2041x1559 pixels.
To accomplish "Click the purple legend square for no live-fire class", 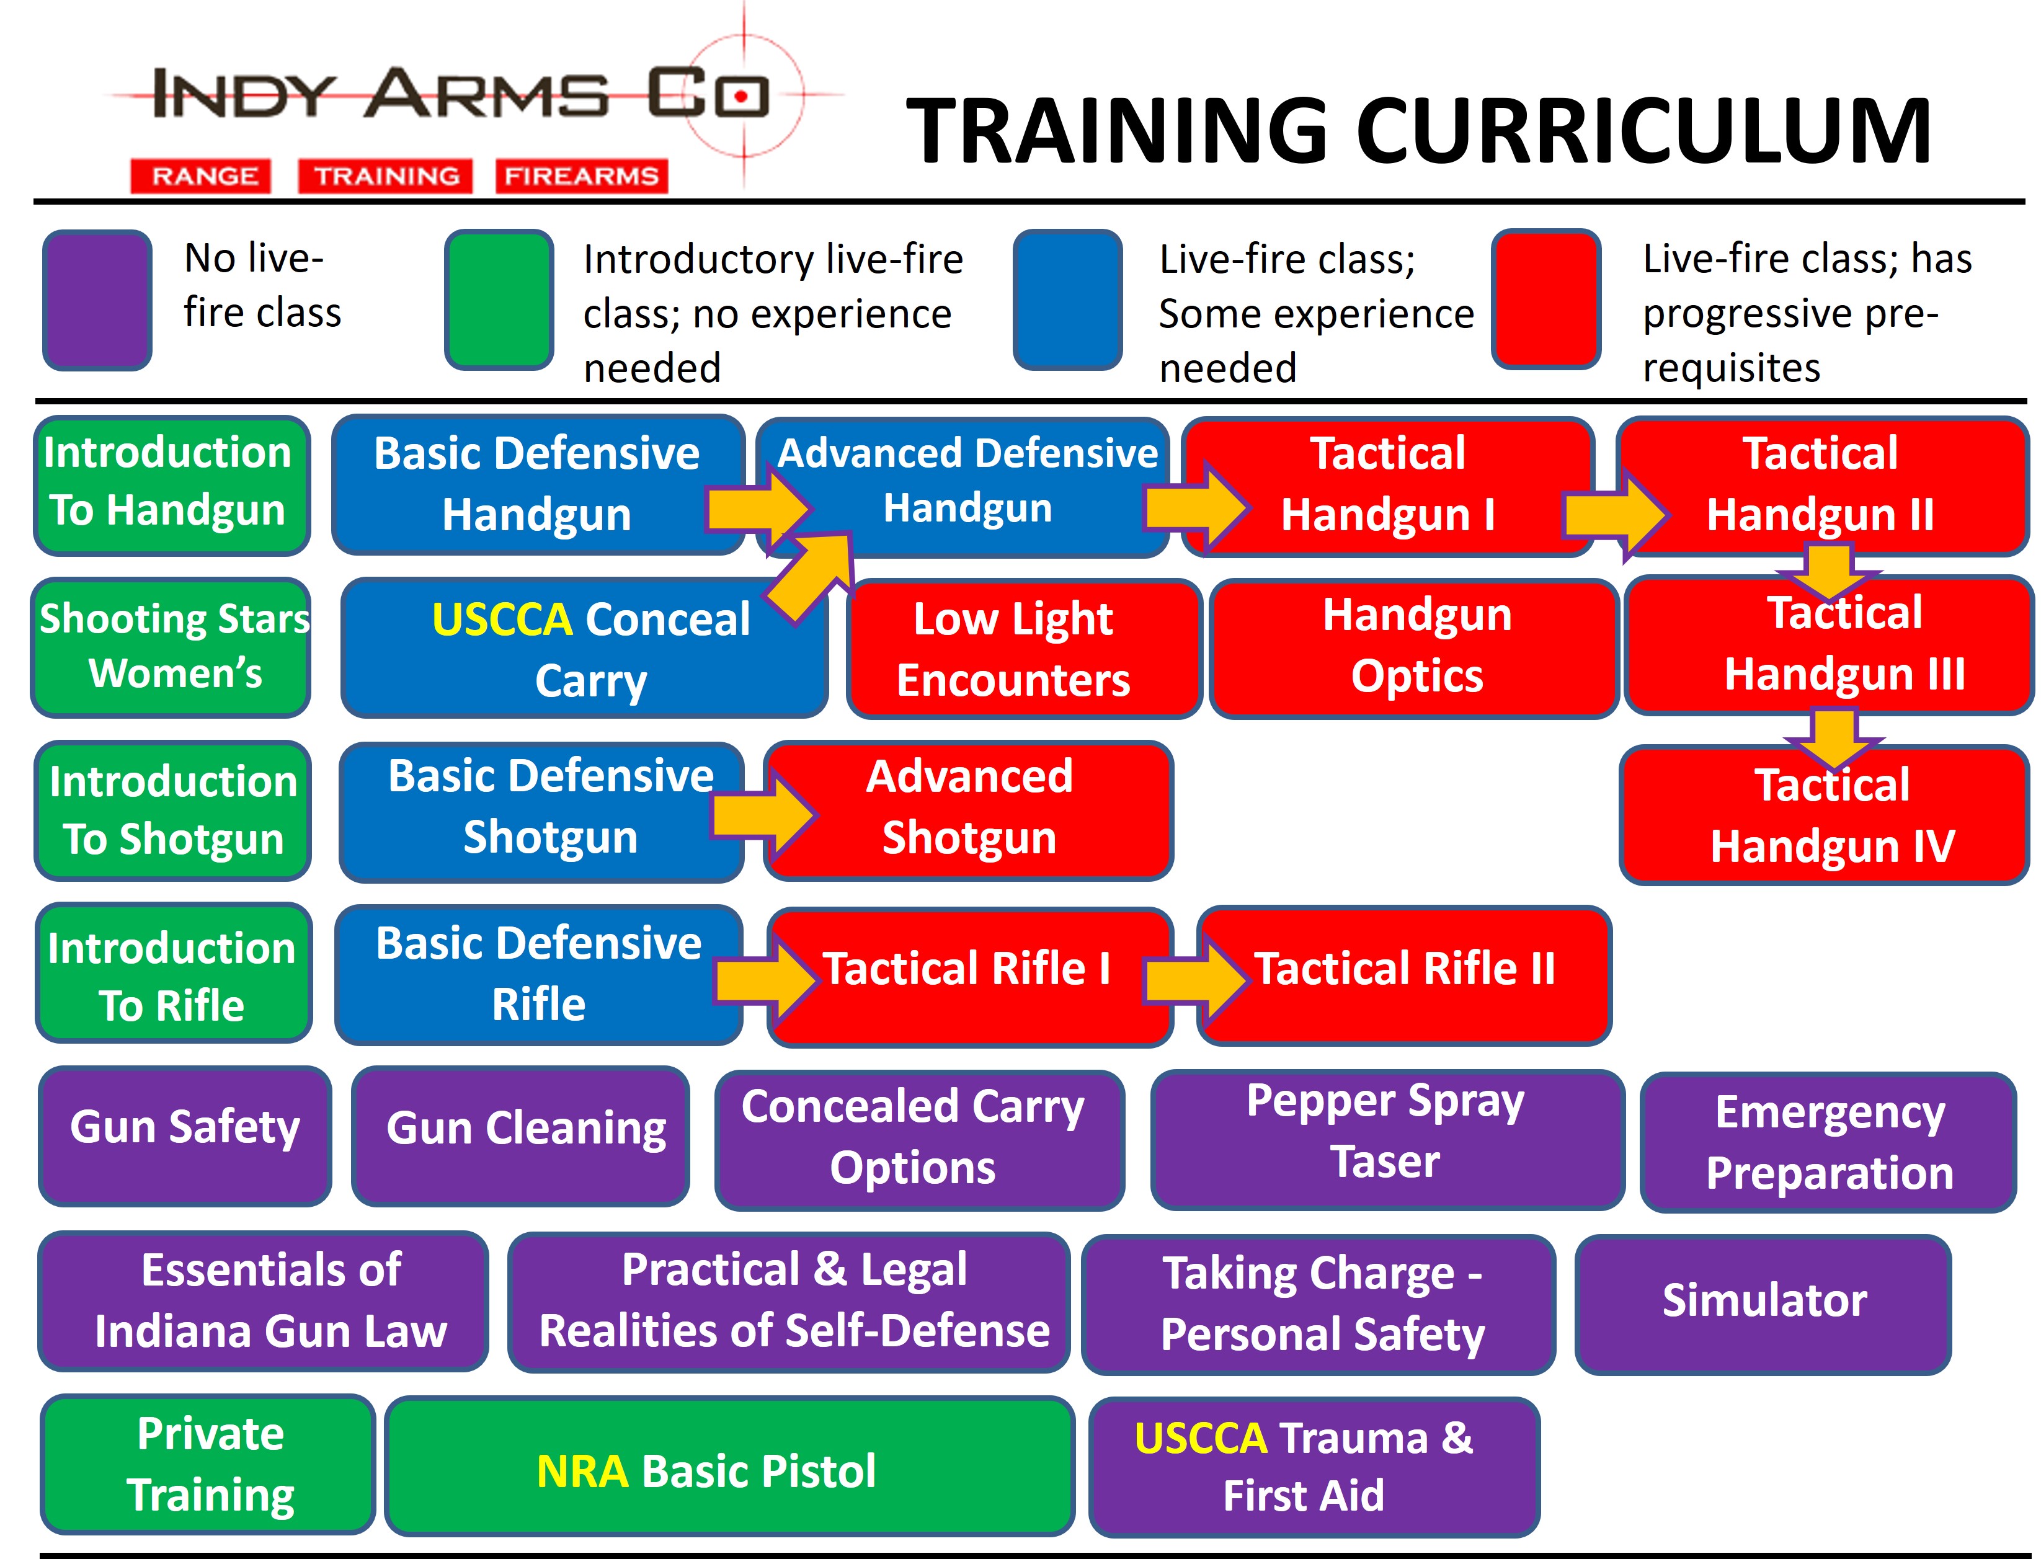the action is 97,300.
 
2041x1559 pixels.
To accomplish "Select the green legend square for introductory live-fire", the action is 499,300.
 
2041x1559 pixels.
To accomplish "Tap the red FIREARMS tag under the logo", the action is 582,175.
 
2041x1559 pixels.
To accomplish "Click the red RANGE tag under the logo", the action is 200,175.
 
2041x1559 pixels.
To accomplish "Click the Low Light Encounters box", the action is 1024,649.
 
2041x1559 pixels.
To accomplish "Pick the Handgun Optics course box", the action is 1415,649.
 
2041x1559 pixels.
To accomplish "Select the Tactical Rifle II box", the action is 1404,975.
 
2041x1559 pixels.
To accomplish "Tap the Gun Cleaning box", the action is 521,1136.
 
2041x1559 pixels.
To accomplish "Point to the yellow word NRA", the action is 582,1471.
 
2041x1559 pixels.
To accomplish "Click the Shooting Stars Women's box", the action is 172,647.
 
